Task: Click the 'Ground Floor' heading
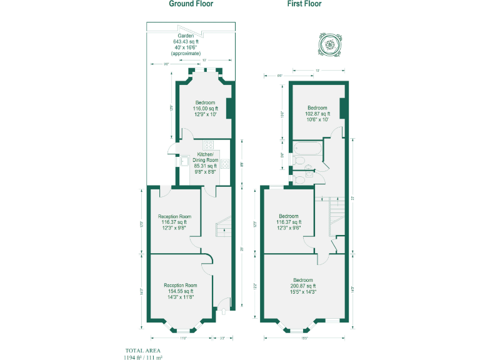191,4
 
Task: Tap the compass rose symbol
329,44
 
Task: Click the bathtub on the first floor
307,149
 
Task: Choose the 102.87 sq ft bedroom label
317,114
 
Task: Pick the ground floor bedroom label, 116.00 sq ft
205,109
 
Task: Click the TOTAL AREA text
143,350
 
